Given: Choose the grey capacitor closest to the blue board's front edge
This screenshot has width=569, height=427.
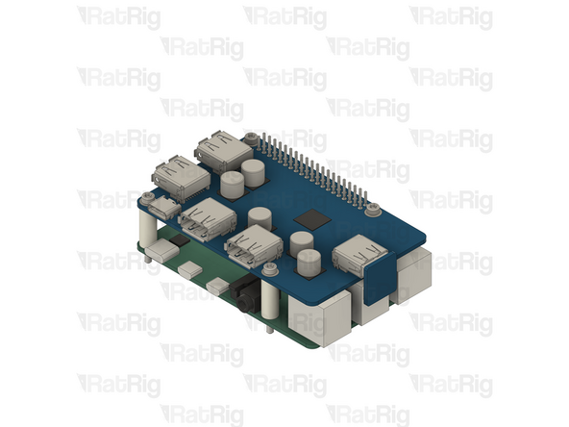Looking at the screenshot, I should point(308,262).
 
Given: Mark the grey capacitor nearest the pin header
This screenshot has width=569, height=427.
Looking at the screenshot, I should point(254,173).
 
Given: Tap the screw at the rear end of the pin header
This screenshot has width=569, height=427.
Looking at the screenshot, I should point(251,138).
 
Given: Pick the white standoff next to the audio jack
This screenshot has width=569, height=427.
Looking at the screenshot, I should point(271,299).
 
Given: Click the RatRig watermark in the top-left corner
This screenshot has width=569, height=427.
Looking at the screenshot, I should point(118,17).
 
